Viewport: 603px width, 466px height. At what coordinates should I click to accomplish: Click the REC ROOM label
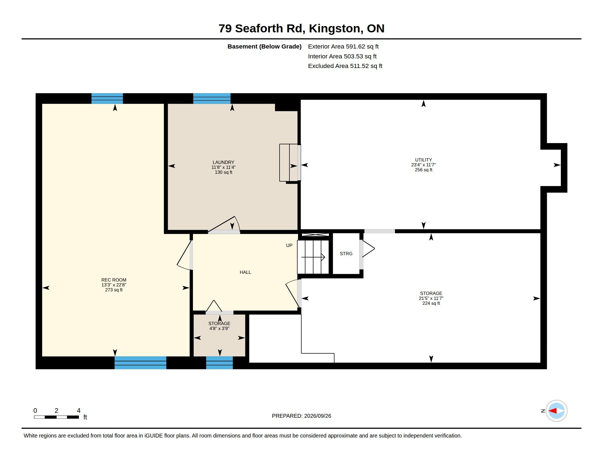point(114,280)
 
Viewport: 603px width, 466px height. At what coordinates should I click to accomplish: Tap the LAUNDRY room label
point(223,162)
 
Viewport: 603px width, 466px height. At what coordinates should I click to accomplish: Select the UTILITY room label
point(423,160)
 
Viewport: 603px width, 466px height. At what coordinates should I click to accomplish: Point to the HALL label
point(245,272)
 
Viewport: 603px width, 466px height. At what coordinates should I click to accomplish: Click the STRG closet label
point(346,254)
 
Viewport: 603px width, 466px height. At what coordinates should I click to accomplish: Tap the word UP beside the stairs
point(289,245)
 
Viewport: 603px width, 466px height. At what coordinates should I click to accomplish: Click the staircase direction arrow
point(313,257)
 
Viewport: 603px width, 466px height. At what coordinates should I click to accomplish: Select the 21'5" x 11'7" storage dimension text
point(431,298)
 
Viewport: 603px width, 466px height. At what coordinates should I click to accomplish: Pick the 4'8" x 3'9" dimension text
point(219,328)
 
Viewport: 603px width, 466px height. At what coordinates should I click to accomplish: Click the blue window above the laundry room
point(212,99)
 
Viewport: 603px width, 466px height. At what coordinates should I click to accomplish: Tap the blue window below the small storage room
point(219,362)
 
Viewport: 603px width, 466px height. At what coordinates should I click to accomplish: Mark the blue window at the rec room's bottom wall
point(140,362)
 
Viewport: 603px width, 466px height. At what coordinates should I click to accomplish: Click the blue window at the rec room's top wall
point(107,99)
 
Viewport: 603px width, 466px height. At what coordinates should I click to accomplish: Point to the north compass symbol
point(556,411)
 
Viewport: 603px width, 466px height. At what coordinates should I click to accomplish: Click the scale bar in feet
point(56,417)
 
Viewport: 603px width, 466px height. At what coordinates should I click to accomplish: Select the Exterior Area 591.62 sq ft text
point(343,46)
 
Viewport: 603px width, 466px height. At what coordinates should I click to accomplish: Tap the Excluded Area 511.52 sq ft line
point(345,66)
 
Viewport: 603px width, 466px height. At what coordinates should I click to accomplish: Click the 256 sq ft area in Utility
point(423,170)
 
